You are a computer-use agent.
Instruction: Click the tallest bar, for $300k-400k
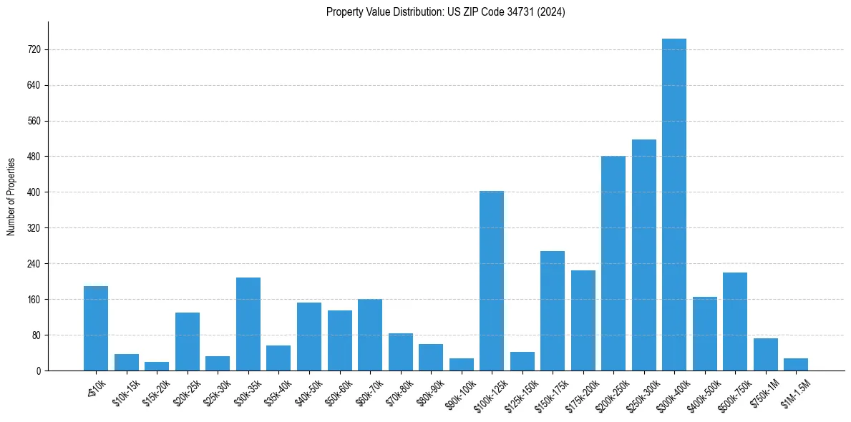[673, 205]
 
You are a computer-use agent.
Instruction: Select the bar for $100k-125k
[491, 280]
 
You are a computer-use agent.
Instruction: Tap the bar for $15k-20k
[157, 366]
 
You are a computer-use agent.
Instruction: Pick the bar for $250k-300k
[643, 255]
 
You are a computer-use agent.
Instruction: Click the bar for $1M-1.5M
[795, 364]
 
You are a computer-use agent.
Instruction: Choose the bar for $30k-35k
[248, 324]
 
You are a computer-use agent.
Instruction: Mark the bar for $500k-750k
[734, 321]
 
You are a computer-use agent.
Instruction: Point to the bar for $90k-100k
[461, 364]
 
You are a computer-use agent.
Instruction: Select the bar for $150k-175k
[552, 310]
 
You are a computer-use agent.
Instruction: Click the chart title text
[445, 12]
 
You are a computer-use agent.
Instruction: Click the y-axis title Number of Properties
[11, 196]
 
